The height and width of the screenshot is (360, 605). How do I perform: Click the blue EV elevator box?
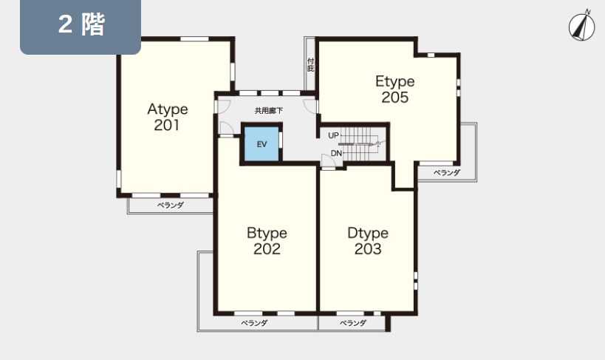[x=262, y=144]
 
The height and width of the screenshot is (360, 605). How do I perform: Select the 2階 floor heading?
[x=81, y=24]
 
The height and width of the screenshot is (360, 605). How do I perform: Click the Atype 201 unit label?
[x=168, y=117]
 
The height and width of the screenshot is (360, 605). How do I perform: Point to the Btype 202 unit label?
[x=267, y=241]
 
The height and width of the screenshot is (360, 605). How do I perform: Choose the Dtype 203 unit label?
[x=368, y=241]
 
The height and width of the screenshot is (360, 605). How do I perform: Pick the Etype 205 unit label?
[x=395, y=89]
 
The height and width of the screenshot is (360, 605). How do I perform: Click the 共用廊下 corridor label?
[x=269, y=111]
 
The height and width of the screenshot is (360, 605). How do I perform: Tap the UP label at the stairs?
[x=333, y=135]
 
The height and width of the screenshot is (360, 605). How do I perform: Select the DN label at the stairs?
[x=336, y=153]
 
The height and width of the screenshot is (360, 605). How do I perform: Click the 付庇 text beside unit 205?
[x=310, y=65]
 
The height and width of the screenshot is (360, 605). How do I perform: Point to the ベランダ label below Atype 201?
[x=171, y=205]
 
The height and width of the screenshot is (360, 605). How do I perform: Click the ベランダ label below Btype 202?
[x=254, y=323]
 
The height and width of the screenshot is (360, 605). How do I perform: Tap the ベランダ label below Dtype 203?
[x=353, y=323]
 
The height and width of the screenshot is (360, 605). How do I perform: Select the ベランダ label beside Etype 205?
[x=447, y=173]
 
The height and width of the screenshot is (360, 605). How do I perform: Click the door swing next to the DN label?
[x=327, y=160]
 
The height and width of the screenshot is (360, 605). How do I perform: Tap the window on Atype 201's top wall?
[x=194, y=38]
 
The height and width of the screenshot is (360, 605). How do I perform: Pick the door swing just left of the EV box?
[x=227, y=128]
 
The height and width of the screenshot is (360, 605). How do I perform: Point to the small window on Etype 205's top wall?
[x=431, y=55]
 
